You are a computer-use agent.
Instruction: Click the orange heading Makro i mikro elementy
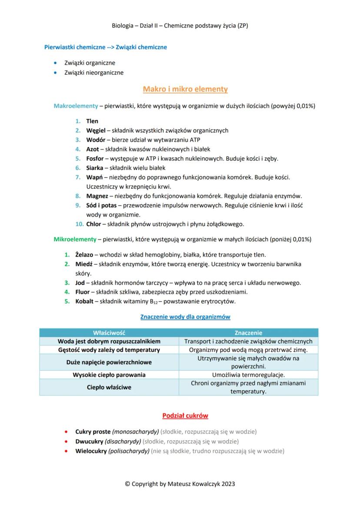click(185, 90)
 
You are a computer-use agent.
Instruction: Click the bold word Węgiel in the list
click(96, 130)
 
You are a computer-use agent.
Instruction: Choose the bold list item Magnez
click(97, 196)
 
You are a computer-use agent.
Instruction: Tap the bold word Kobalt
click(84, 302)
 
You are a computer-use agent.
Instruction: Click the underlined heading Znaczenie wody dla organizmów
click(185, 317)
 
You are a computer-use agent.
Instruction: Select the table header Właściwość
click(109, 333)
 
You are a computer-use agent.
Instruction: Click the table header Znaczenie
click(248, 333)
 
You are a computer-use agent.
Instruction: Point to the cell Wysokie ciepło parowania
click(109, 375)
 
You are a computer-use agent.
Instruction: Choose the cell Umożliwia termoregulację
click(248, 375)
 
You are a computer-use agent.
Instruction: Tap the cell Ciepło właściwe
click(109, 387)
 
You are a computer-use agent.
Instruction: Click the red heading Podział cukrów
click(185, 416)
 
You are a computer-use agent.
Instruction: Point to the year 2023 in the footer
click(228, 483)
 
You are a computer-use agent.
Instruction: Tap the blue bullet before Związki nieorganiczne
click(55, 73)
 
